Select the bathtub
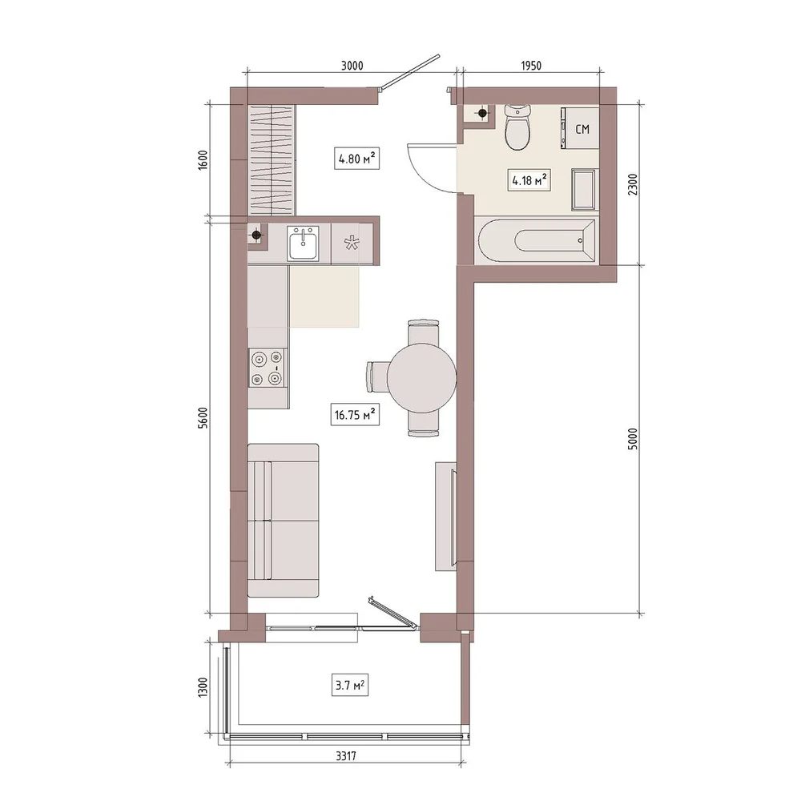(x=535, y=241)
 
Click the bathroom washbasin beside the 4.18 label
(x=584, y=190)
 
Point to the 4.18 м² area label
(x=529, y=180)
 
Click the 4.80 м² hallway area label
(x=356, y=159)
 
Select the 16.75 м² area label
(x=355, y=414)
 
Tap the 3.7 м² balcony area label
(x=349, y=685)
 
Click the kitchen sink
(x=303, y=244)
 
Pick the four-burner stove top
(x=268, y=368)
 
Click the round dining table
(x=421, y=378)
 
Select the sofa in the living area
(x=283, y=521)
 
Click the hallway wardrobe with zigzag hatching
(x=272, y=160)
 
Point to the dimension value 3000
(x=352, y=66)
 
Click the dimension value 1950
(x=531, y=66)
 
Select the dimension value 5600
(x=203, y=417)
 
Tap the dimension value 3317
(x=346, y=756)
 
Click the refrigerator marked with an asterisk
(x=352, y=244)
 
